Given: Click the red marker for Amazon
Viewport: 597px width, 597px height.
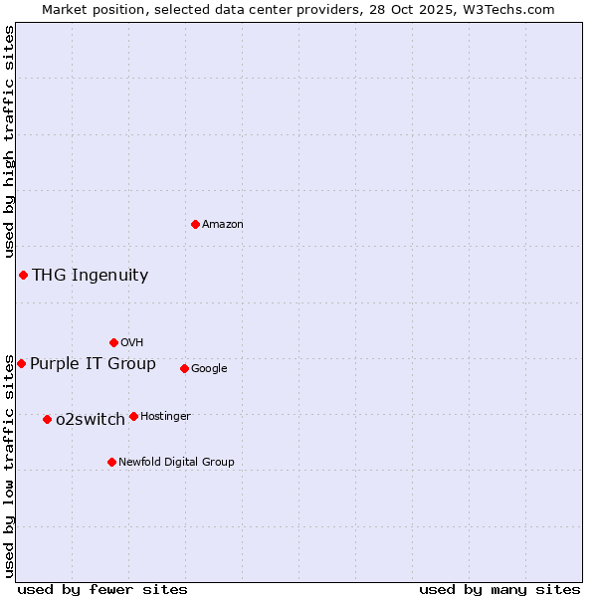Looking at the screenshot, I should click(x=195, y=224).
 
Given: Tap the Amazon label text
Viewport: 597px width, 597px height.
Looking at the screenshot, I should click(x=223, y=225).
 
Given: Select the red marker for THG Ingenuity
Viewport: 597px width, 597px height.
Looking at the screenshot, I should click(x=23, y=275).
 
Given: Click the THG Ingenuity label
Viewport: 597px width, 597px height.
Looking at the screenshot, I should click(x=90, y=276).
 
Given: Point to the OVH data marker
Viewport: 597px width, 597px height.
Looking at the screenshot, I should click(x=113, y=342).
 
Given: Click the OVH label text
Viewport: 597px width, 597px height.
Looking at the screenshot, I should click(x=132, y=343).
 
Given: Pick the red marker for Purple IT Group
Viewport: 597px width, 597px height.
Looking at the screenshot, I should click(x=21, y=363).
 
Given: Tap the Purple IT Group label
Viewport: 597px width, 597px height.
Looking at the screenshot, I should click(x=93, y=364).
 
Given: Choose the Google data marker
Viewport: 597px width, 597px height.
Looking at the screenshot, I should click(x=184, y=368).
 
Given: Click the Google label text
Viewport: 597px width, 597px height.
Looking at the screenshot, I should click(x=209, y=369).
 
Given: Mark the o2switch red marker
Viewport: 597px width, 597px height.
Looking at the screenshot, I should click(x=47, y=419).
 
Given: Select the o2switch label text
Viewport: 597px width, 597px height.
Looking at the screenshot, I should click(x=91, y=420).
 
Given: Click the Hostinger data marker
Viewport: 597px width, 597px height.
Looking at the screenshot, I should click(x=133, y=416).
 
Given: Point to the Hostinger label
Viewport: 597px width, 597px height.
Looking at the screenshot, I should click(x=165, y=417).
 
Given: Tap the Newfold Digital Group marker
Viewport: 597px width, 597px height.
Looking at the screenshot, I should click(x=111, y=462).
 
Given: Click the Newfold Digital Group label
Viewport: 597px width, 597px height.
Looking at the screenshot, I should click(x=176, y=463).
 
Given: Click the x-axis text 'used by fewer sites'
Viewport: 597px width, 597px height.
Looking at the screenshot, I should click(x=102, y=589).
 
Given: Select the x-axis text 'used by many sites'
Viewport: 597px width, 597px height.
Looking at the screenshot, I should click(x=499, y=589).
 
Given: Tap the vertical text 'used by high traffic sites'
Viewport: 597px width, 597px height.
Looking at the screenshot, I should click(x=9, y=141).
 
